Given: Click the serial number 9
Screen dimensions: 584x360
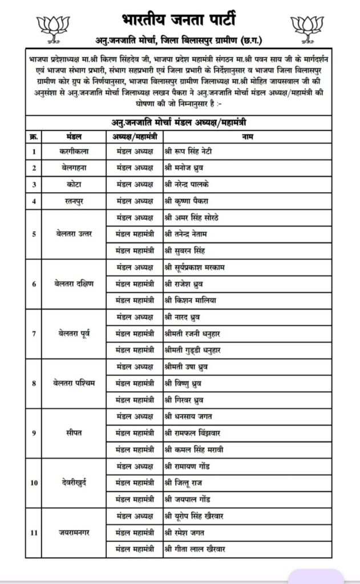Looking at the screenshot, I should click(x=34, y=432).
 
